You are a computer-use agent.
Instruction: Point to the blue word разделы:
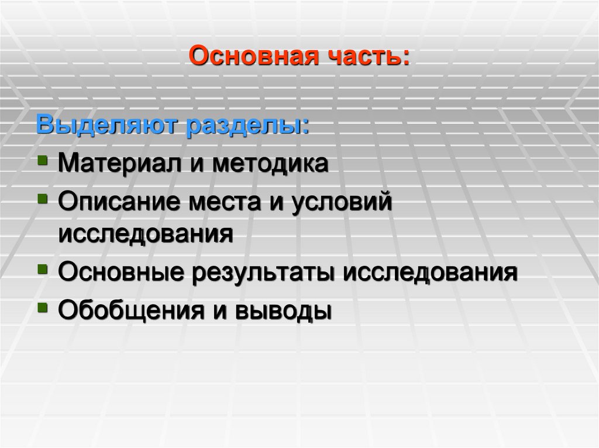point(247,125)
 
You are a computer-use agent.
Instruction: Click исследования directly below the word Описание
point(146,234)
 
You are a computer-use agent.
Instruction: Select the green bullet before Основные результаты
point(43,269)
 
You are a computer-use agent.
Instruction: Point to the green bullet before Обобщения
point(43,307)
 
